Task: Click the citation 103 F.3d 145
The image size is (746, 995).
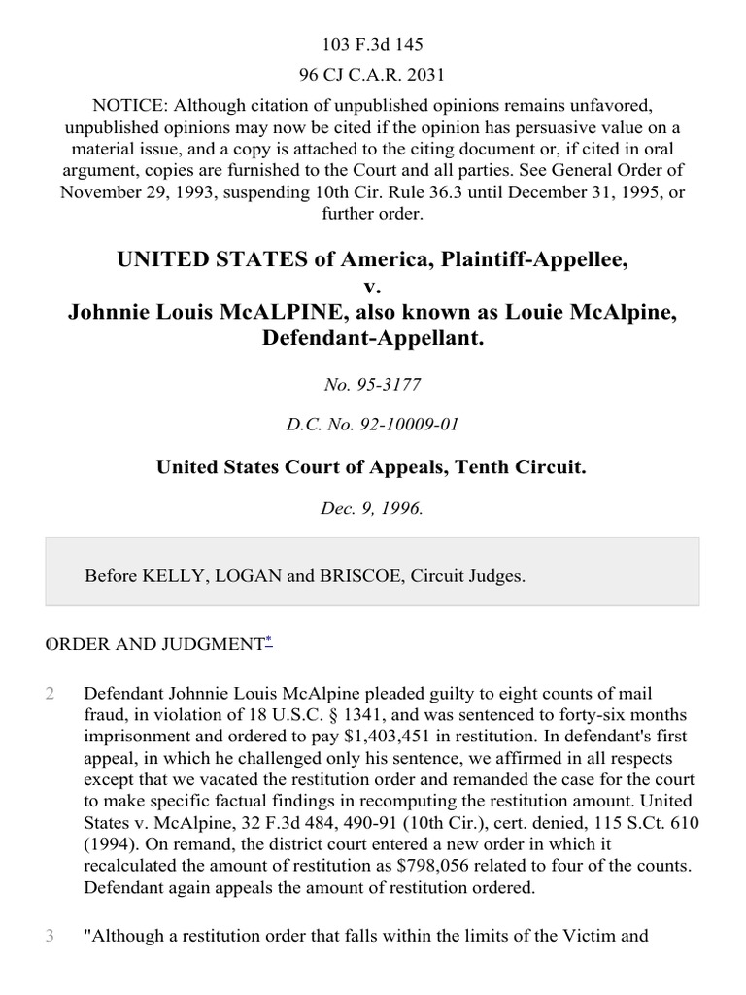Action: pyautogui.click(x=373, y=44)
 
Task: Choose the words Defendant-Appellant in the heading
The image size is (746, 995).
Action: pyautogui.click(x=373, y=336)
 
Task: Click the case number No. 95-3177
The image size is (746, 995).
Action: pyautogui.click(x=373, y=385)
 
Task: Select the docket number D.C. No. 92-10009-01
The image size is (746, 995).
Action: pyautogui.click(x=373, y=425)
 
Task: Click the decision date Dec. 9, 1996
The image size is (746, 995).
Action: pyautogui.click(x=373, y=507)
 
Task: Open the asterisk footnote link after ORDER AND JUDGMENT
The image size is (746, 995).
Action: pyautogui.click(x=269, y=641)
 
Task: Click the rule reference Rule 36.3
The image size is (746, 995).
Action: pyautogui.click(x=415, y=192)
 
